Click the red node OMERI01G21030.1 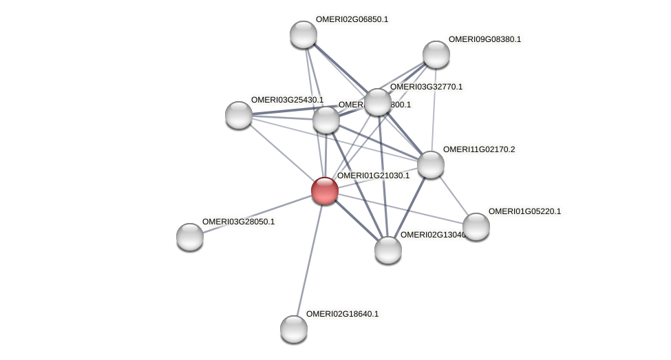click(324, 191)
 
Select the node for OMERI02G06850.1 click(303, 34)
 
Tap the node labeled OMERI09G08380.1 click(436, 54)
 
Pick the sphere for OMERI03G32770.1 click(377, 102)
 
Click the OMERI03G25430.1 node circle click(239, 115)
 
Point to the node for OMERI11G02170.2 click(431, 165)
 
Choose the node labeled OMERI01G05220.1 click(476, 226)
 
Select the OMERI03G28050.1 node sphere click(190, 237)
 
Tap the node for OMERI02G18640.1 click(294, 329)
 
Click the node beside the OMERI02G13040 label click(388, 249)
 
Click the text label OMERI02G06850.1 click(352, 19)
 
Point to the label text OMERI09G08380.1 click(484, 39)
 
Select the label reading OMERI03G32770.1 click(426, 87)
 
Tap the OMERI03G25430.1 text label click(287, 100)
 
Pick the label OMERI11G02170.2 click(479, 149)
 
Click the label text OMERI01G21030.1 click(373, 176)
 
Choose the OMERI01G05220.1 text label click(524, 211)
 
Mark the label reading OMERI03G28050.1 click(238, 222)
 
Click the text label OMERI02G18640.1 click(342, 314)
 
